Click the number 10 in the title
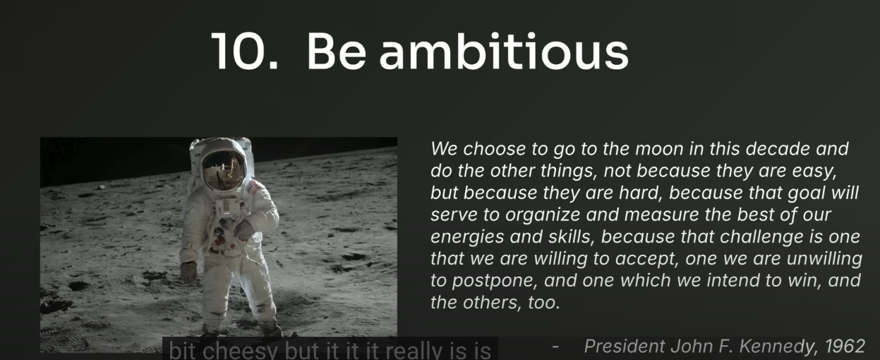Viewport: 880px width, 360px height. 244,52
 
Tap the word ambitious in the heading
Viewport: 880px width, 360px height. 504,51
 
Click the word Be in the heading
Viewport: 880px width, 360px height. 337,52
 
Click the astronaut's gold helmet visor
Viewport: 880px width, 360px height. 224,171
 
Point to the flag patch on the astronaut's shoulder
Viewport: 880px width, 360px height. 253,188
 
